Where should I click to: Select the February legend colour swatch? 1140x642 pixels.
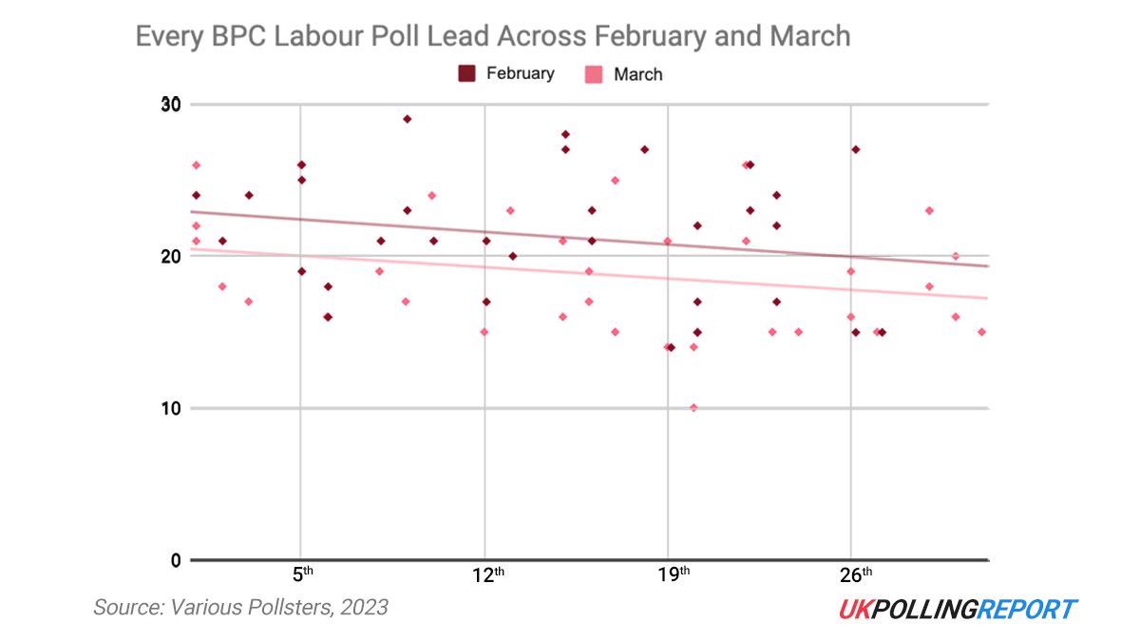[x=467, y=73]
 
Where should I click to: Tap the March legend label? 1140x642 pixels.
[x=637, y=74]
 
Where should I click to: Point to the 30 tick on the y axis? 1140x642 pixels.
[x=172, y=104]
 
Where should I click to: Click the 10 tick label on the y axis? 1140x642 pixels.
[x=172, y=408]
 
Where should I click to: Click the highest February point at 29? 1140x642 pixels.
[x=407, y=119]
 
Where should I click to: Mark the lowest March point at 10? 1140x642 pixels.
[x=693, y=408]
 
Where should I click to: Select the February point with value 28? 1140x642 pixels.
[x=565, y=134]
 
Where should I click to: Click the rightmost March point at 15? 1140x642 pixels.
[x=981, y=332]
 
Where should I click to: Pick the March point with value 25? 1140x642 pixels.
[x=615, y=180]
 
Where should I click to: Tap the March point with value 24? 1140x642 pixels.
[x=431, y=195]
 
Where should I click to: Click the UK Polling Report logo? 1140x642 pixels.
[x=958, y=609]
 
